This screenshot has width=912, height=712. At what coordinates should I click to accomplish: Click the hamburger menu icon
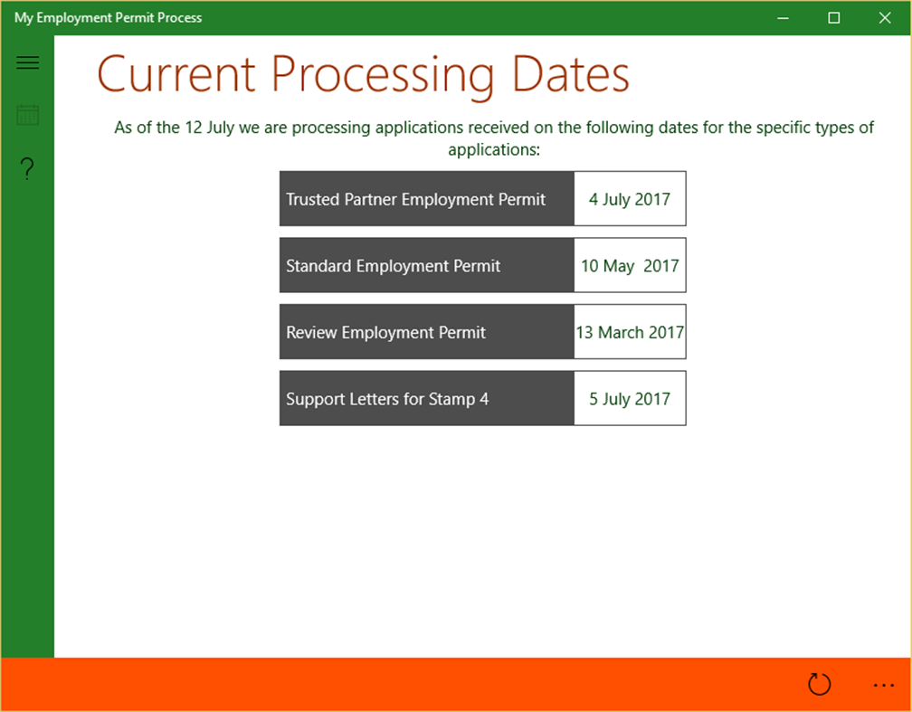[x=27, y=62]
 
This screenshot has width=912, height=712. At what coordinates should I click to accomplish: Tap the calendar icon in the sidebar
[x=27, y=115]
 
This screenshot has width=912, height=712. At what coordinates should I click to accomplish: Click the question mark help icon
[x=27, y=168]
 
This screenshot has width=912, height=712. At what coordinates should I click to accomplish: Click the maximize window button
[x=834, y=18]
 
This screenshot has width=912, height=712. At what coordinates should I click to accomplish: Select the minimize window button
[x=784, y=18]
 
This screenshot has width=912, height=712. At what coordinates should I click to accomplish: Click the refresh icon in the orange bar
[x=819, y=685]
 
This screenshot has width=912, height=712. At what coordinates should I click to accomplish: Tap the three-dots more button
[x=883, y=685]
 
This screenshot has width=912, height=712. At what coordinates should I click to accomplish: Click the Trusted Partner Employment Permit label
[x=416, y=199]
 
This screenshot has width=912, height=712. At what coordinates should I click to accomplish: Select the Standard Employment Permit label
[x=394, y=266]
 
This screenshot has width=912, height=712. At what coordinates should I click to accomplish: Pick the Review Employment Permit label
[x=386, y=332]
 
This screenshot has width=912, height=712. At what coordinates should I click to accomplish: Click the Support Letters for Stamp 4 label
[x=387, y=399]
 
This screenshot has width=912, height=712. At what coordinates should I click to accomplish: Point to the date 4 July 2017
[x=630, y=199]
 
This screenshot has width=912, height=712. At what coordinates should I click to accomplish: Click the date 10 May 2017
[x=630, y=266]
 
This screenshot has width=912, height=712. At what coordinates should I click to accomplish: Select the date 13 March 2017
[x=630, y=332]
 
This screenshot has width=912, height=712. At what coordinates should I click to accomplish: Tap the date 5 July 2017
[x=630, y=399]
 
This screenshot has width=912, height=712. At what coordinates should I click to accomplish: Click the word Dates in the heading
[x=570, y=74]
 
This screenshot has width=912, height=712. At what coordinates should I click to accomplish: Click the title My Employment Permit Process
[x=109, y=18]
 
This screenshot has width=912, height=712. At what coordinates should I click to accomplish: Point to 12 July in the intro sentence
[x=208, y=128]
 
